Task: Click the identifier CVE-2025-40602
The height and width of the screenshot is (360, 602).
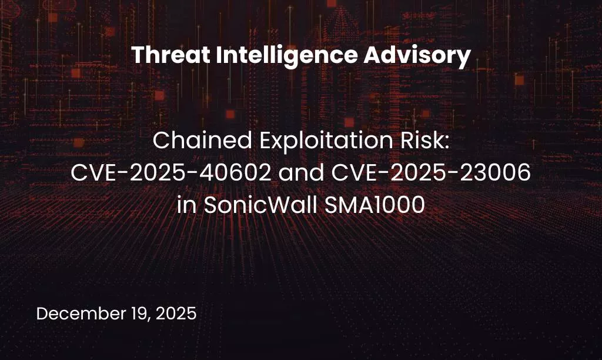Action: coord(168,174)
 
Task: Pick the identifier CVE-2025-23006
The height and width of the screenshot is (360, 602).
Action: coord(438,174)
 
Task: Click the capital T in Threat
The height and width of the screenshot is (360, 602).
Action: coord(137,56)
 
